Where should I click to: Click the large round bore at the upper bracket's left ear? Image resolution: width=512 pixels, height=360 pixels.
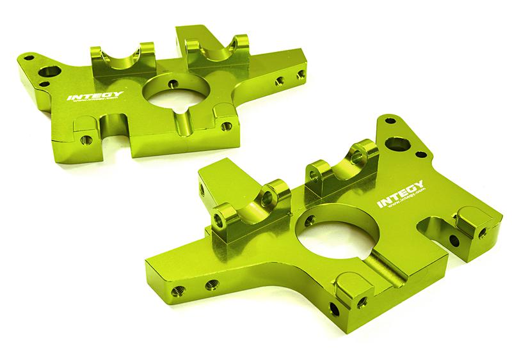pos(48,69)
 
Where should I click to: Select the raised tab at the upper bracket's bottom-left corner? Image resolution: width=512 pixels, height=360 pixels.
pos(83,132)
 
